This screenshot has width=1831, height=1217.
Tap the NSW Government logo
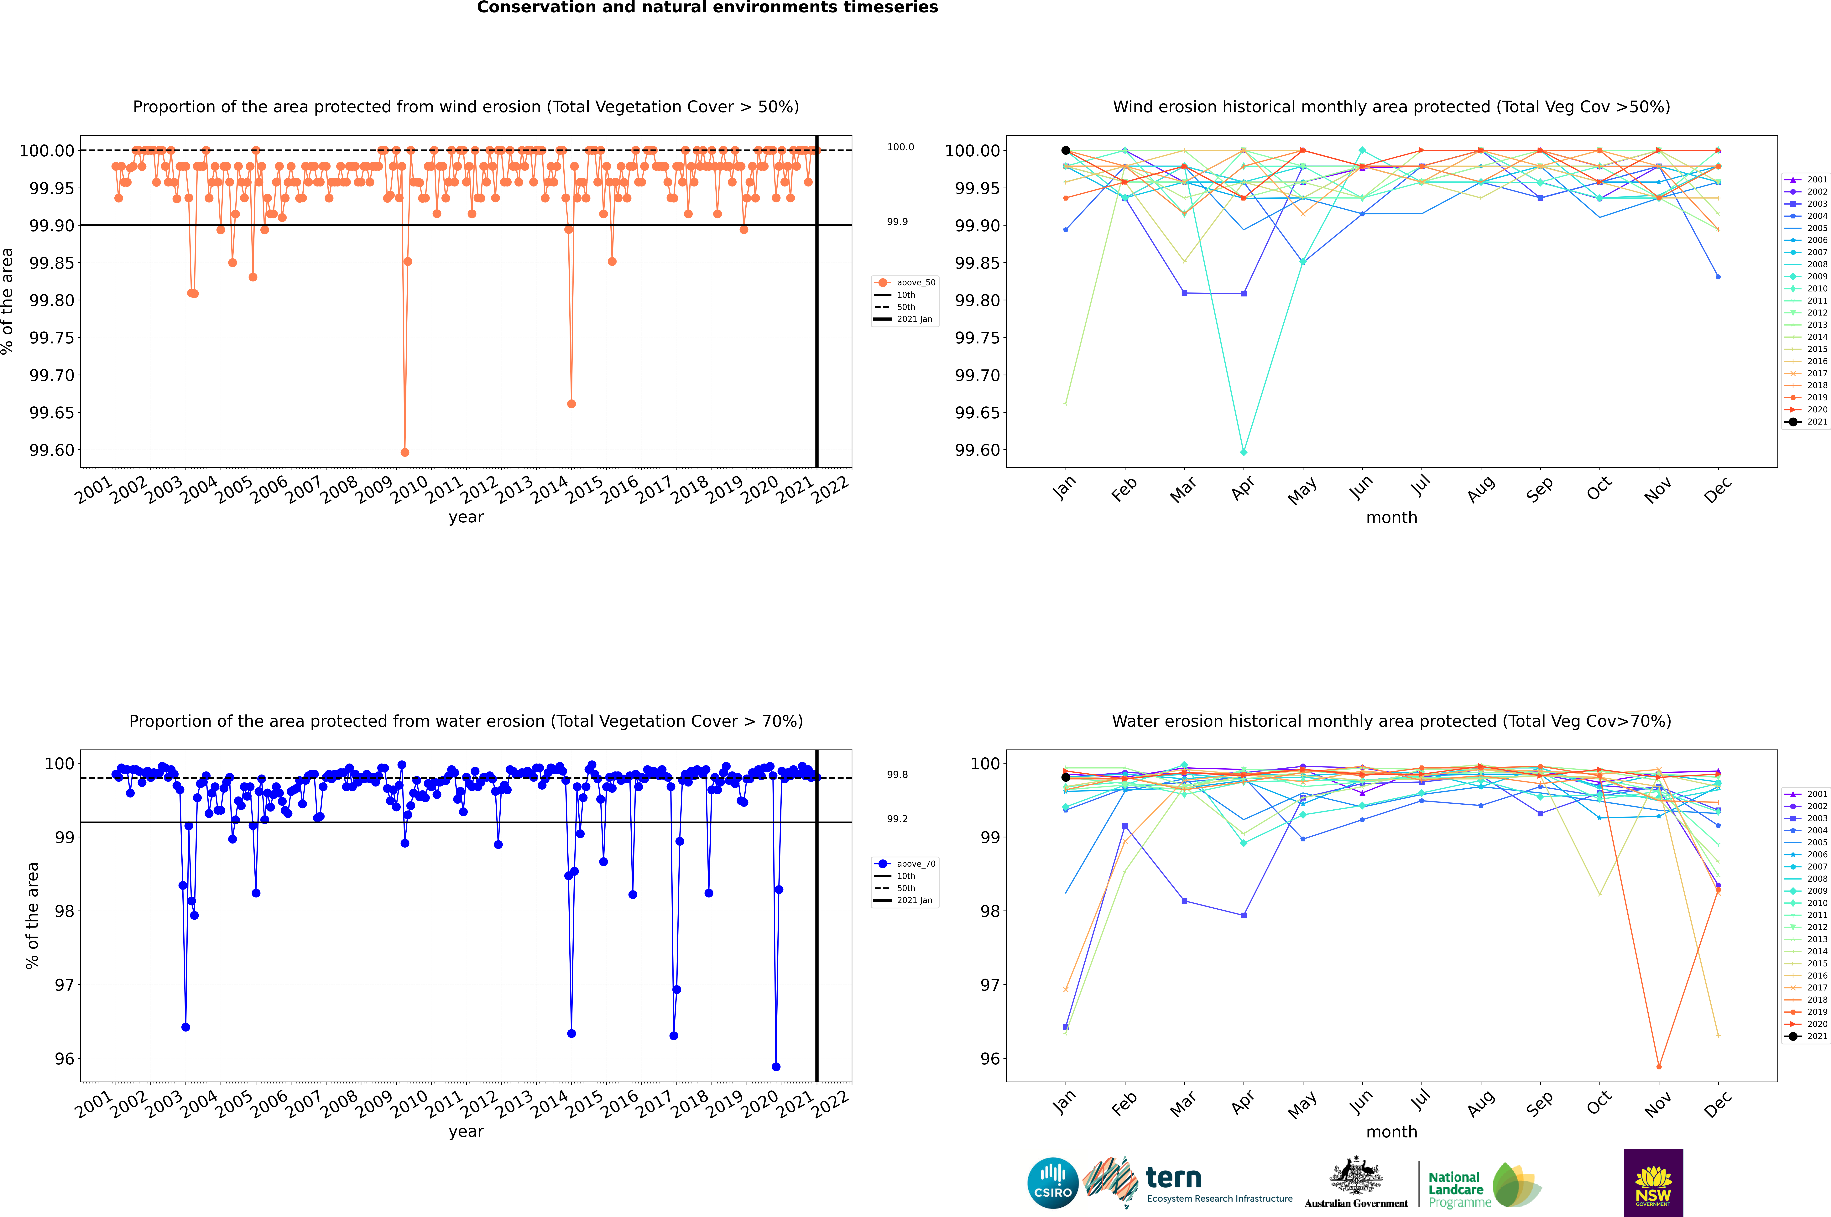(1653, 1183)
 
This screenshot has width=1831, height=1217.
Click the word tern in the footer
(1174, 1178)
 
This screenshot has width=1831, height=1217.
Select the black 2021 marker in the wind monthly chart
(1066, 151)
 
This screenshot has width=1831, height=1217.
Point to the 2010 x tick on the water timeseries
(409, 1102)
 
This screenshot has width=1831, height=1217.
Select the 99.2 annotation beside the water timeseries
(897, 819)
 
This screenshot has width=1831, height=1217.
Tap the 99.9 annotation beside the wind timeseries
(897, 222)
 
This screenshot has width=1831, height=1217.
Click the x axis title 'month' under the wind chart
(1391, 518)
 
